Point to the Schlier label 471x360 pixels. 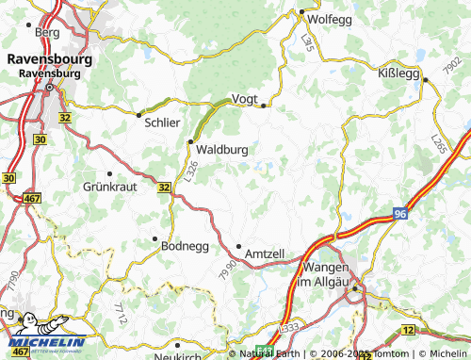(x=161, y=122)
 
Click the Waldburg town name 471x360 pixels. (x=224, y=148)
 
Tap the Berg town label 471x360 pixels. (x=46, y=32)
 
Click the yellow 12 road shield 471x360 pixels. (x=408, y=330)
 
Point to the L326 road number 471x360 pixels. (x=191, y=171)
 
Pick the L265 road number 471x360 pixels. (x=439, y=143)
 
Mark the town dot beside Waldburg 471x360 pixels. (x=190, y=142)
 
